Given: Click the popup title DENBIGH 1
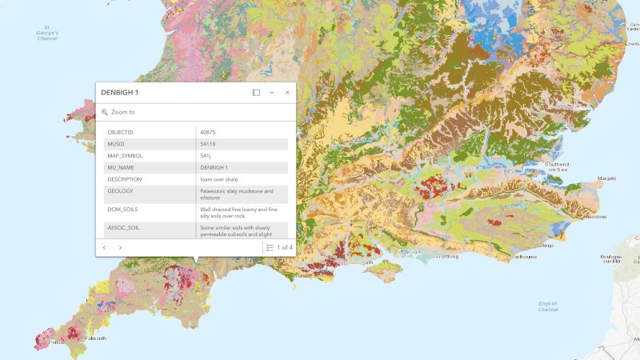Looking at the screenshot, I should click(x=120, y=93).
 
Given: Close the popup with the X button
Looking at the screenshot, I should click(x=287, y=93).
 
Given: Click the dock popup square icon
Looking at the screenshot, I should click(x=256, y=93).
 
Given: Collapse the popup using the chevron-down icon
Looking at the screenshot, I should click(x=272, y=93).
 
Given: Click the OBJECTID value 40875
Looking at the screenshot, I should click(x=208, y=132).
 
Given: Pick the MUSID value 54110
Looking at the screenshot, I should click(x=208, y=144).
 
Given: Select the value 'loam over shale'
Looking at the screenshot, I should click(x=219, y=179).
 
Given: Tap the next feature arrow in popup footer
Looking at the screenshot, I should click(x=120, y=248).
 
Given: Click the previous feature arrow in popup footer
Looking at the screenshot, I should click(x=104, y=248).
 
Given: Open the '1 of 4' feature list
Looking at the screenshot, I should click(x=280, y=248).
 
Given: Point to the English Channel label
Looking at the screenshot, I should click(x=548, y=306).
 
